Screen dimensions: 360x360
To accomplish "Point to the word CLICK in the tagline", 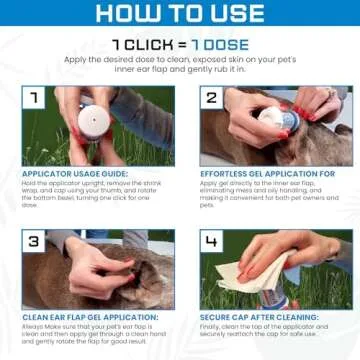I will (144, 44).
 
